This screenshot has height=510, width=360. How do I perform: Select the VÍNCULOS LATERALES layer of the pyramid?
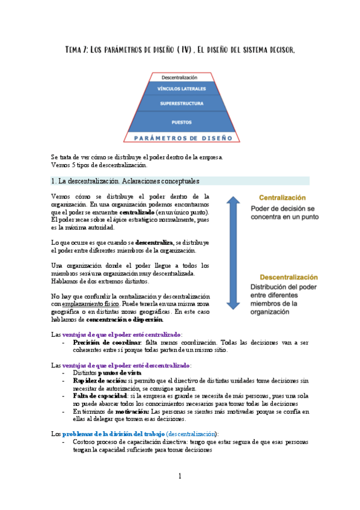pos(182,89)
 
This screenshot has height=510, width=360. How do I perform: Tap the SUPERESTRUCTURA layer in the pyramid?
pos(182,103)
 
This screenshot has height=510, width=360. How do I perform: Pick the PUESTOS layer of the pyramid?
pos(182,122)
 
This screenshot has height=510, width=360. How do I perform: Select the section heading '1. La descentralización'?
pos(126,180)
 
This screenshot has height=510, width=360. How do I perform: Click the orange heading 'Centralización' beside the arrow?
pos(282,197)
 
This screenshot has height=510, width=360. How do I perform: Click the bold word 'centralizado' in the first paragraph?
pos(137,212)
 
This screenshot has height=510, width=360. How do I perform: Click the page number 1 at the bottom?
pos(180,476)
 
